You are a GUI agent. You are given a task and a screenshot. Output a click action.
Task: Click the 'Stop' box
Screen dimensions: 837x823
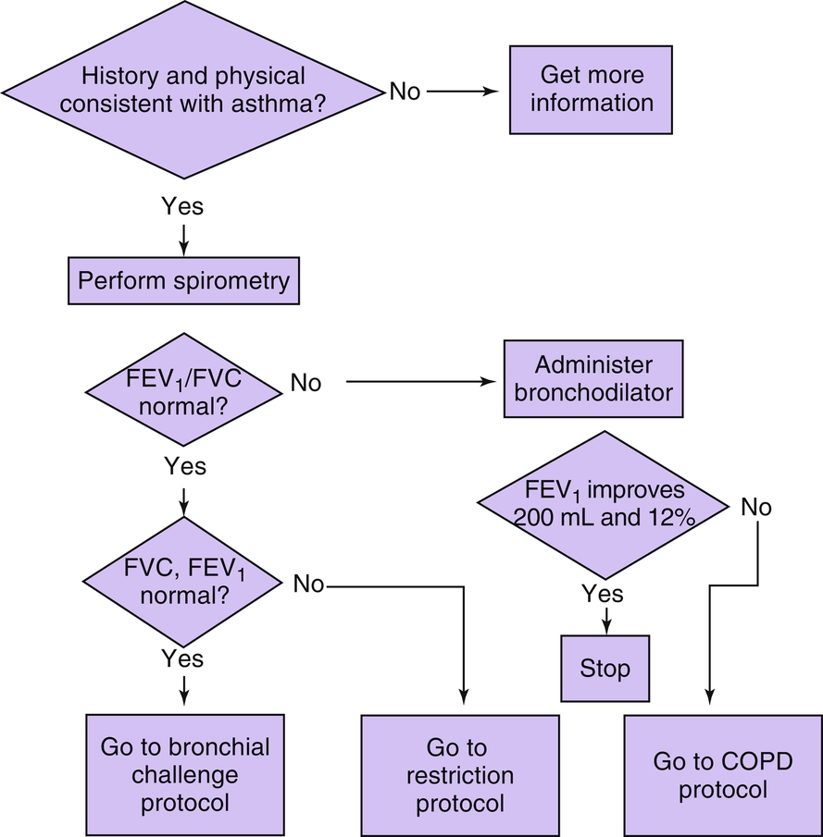coord(605,668)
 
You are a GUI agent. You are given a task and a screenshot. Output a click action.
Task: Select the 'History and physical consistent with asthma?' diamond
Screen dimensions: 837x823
coord(193,90)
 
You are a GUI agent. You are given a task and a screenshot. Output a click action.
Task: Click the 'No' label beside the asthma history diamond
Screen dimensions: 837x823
coord(404,91)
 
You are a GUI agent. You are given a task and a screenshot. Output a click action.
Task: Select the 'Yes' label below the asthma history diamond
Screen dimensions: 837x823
coord(182,206)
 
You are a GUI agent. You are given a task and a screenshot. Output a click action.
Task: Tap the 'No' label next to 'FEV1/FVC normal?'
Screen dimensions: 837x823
coord(306,382)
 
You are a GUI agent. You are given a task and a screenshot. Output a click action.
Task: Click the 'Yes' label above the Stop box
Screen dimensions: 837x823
coord(603,593)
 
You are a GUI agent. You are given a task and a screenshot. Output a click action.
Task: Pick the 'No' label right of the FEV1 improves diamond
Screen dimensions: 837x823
coord(754,507)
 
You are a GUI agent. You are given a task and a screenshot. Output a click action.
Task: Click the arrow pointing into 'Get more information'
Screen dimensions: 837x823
coord(463,91)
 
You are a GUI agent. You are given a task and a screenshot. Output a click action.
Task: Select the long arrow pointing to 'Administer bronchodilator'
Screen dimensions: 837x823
coord(417,382)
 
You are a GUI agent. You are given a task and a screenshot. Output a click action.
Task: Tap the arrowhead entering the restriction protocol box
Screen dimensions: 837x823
coord(464,703)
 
